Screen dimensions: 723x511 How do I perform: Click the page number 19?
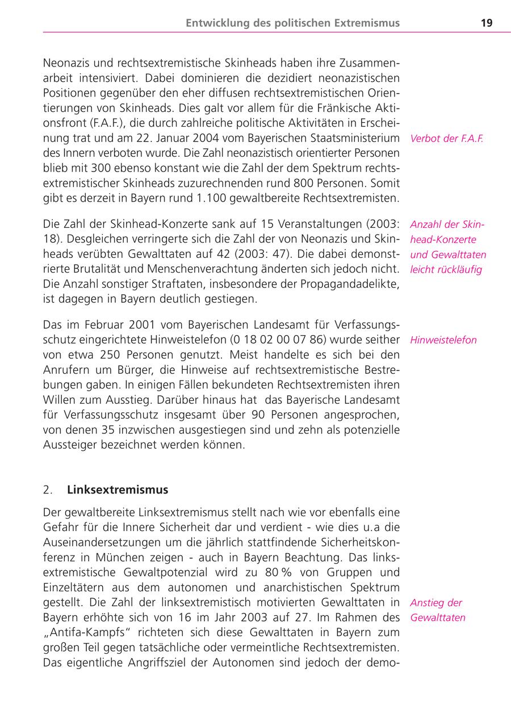(x=486, y=23)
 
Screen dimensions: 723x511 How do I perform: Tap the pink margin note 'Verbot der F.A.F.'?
(x=446, y=139)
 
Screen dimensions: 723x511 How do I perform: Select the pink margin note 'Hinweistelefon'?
(x=443, y=340)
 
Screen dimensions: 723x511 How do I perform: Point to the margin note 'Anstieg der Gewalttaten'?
(x=437, y=610)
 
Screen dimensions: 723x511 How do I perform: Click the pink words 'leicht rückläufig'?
(x=446, y=270)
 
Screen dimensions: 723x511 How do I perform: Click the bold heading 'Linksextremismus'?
(x=118, y=489)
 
